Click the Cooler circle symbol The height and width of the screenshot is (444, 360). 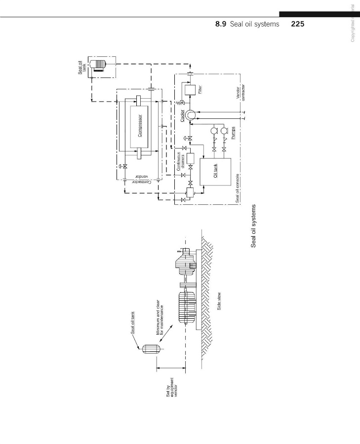pos(190,115)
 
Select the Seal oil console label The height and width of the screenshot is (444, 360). pos(238,187)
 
